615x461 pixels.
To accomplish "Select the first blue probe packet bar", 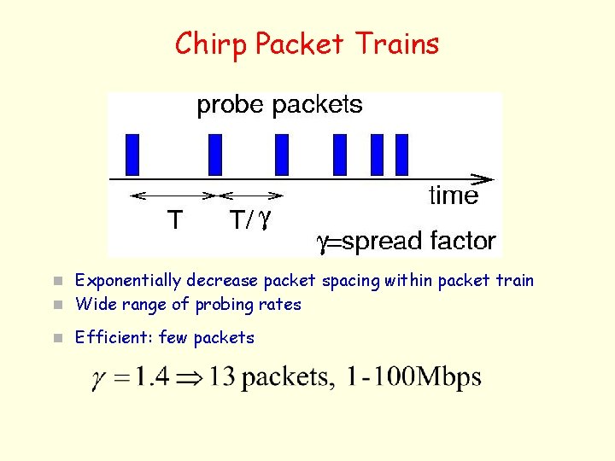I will click(132, 155).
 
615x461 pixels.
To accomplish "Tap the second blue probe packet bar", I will click(215, 155).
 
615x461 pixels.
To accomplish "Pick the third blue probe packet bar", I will click(282, 155).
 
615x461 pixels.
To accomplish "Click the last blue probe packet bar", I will click(402, 155).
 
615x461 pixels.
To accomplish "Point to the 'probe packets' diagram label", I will click(279, 106).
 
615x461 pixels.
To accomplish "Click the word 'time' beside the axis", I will click(454, 196).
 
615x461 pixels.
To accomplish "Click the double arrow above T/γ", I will click(251, 195).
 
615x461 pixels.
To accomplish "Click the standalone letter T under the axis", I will click(173, 221).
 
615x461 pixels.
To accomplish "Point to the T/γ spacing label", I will click(250, 221).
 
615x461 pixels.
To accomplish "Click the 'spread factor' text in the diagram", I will click(418, 241).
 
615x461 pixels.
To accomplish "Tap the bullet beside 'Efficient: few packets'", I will click(57, 338).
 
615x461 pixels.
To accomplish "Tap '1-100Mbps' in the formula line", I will click(413, 377).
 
